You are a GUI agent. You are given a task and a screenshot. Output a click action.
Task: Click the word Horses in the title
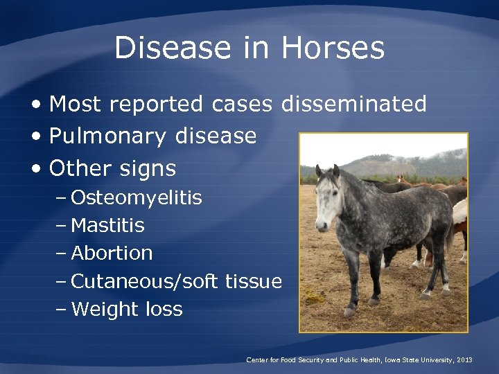(333, 48)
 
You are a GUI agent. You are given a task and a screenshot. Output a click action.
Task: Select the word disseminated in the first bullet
(353, 104)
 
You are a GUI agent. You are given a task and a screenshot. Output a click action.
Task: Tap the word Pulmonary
(108, 136)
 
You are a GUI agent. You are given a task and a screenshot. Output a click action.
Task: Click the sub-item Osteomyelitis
(137, 198)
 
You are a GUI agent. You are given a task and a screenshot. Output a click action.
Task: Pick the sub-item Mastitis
(108, 226)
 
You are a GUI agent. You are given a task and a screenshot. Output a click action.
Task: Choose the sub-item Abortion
(112, 253)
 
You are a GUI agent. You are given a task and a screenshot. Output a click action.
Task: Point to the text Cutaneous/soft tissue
(176, 281)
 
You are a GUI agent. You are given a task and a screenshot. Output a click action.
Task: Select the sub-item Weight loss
(127, 309)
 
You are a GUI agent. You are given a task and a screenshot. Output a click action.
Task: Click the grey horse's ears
(327, 170)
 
